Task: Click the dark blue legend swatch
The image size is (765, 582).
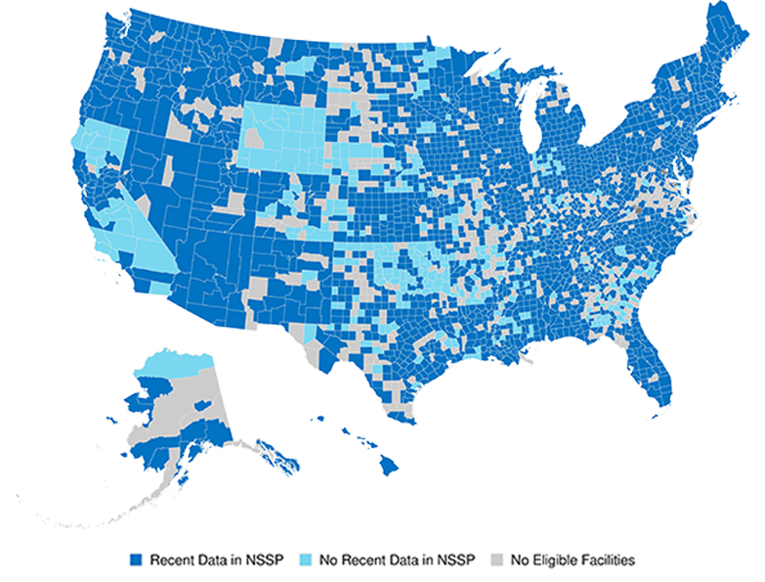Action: point(137,560)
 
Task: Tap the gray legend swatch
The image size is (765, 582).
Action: point(497,560)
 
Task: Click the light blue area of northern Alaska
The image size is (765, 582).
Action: point(176,361)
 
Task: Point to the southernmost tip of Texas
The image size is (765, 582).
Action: point(411,423)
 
